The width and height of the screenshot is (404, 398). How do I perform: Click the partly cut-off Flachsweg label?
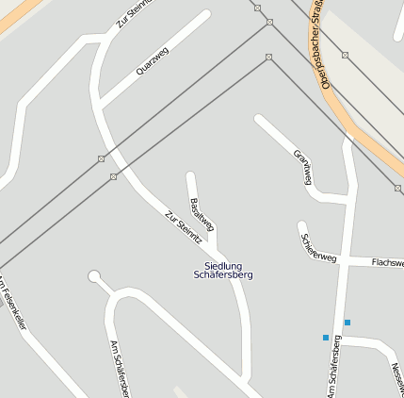[387, 262]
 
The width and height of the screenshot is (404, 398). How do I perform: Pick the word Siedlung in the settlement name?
[223, 265]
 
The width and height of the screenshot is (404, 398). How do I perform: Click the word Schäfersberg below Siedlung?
[223, 275]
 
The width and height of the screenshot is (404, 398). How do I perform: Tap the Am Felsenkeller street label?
[13, 302]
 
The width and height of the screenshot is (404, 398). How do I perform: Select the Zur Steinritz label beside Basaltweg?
[183, 226]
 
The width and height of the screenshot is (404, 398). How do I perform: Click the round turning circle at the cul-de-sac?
[94, 276]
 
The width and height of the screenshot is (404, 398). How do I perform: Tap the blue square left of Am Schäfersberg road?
[326, 337]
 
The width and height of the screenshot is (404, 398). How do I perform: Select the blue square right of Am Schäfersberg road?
[347, 323]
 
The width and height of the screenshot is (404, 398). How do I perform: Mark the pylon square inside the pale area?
[345, 55]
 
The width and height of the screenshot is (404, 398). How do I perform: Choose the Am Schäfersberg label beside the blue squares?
[335, 365]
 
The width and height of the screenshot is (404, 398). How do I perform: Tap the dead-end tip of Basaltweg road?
[191, 175]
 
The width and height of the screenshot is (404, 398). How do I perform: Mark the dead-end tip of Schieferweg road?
[302, 226]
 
